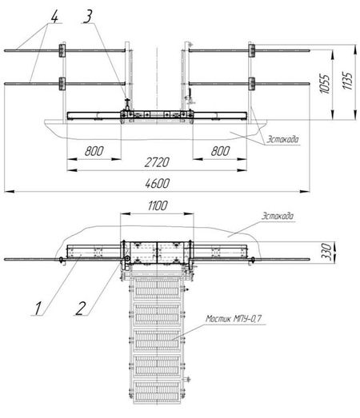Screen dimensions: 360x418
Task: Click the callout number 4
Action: pyautogui.click(x=54, y=18)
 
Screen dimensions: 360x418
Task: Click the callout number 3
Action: pyautogui.click(x=88, y=17)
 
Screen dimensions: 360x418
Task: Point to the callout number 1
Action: pyautogui.click(x=38, y=309)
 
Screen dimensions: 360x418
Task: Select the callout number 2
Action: pyautogui.click(x=81, y=308)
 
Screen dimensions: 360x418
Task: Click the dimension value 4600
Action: pyautogui.click(x=157, y=184)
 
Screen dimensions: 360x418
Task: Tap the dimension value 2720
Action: pyautogui.click(x=157, y=162)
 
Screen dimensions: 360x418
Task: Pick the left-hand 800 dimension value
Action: pyautogui.click(x=94, y=151)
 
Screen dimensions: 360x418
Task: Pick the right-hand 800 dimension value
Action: pyautogui.click(x=220, y=151)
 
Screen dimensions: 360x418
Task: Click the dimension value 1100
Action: pyautogui.click(x=158, y=205)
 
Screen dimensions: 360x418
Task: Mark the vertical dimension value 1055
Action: pyautogui.click(x=325, y=83)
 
